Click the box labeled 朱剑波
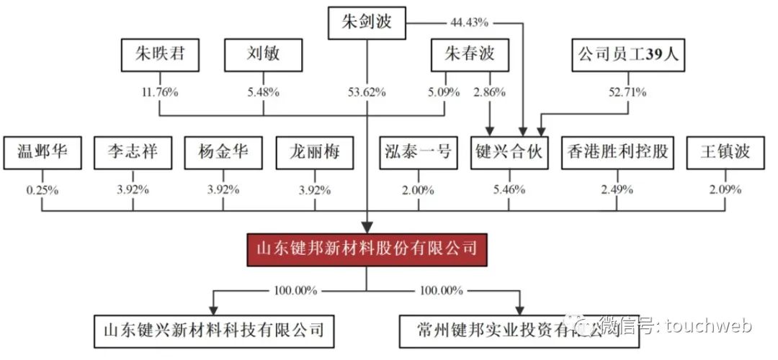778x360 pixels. (x=366, y=22)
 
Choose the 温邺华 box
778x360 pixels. (x=43, y=153)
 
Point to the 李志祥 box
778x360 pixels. (x=133, y=153)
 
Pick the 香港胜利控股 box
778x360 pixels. (x=617, y=153)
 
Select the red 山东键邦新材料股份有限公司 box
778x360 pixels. (x=367, y=250)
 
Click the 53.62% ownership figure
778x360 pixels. (x=366, y=92)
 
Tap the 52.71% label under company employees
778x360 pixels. (x=627, y=92)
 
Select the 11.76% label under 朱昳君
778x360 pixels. (x=159, y=92)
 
